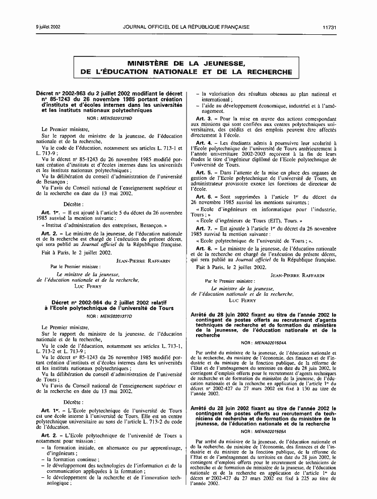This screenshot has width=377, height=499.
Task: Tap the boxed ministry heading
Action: (188, 68)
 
